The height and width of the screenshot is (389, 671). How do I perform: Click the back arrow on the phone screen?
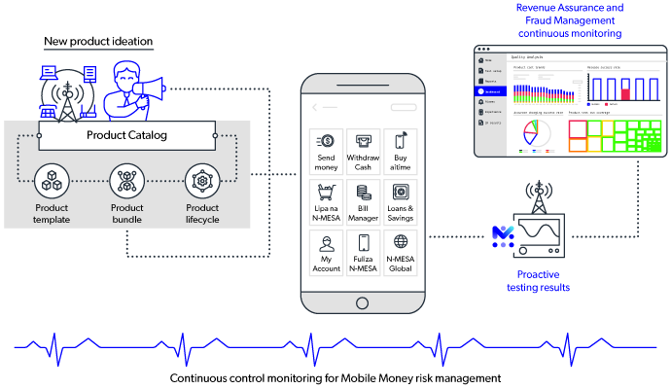tap(316, 107)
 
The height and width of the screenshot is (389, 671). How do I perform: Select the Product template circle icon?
tap(52, 181)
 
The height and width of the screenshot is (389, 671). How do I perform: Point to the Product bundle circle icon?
tap(126, 181)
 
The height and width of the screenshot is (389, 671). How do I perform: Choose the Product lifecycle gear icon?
tap(201, 181)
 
